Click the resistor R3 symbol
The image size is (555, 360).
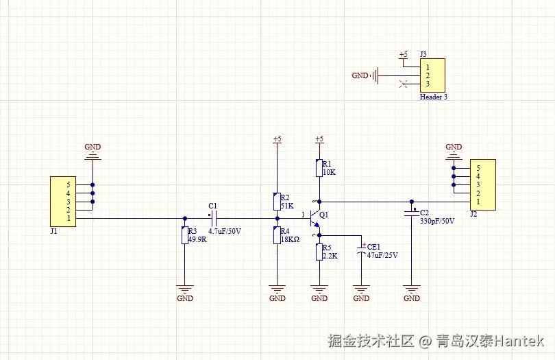(x=184, y=235)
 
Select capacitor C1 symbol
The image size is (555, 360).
(x=214, y=218)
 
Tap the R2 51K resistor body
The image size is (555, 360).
(x=277, y=202)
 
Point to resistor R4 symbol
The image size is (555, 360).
(x=277, y=235)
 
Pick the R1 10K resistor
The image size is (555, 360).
(x=319, y=168)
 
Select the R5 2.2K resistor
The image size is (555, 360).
(x=319, y=252)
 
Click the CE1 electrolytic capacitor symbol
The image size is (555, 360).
(x=362, y=252)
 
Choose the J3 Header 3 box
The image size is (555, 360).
(x=432, y=75)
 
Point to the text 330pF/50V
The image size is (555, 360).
(x=437, y=221)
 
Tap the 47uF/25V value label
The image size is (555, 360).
(x=382, y=255)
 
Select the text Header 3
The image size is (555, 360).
(x=434, y=97)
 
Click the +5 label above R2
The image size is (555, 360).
(x=277, y=139)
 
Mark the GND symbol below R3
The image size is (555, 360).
(x=185, y=291)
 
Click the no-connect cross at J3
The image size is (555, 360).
(x=404, y=84)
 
